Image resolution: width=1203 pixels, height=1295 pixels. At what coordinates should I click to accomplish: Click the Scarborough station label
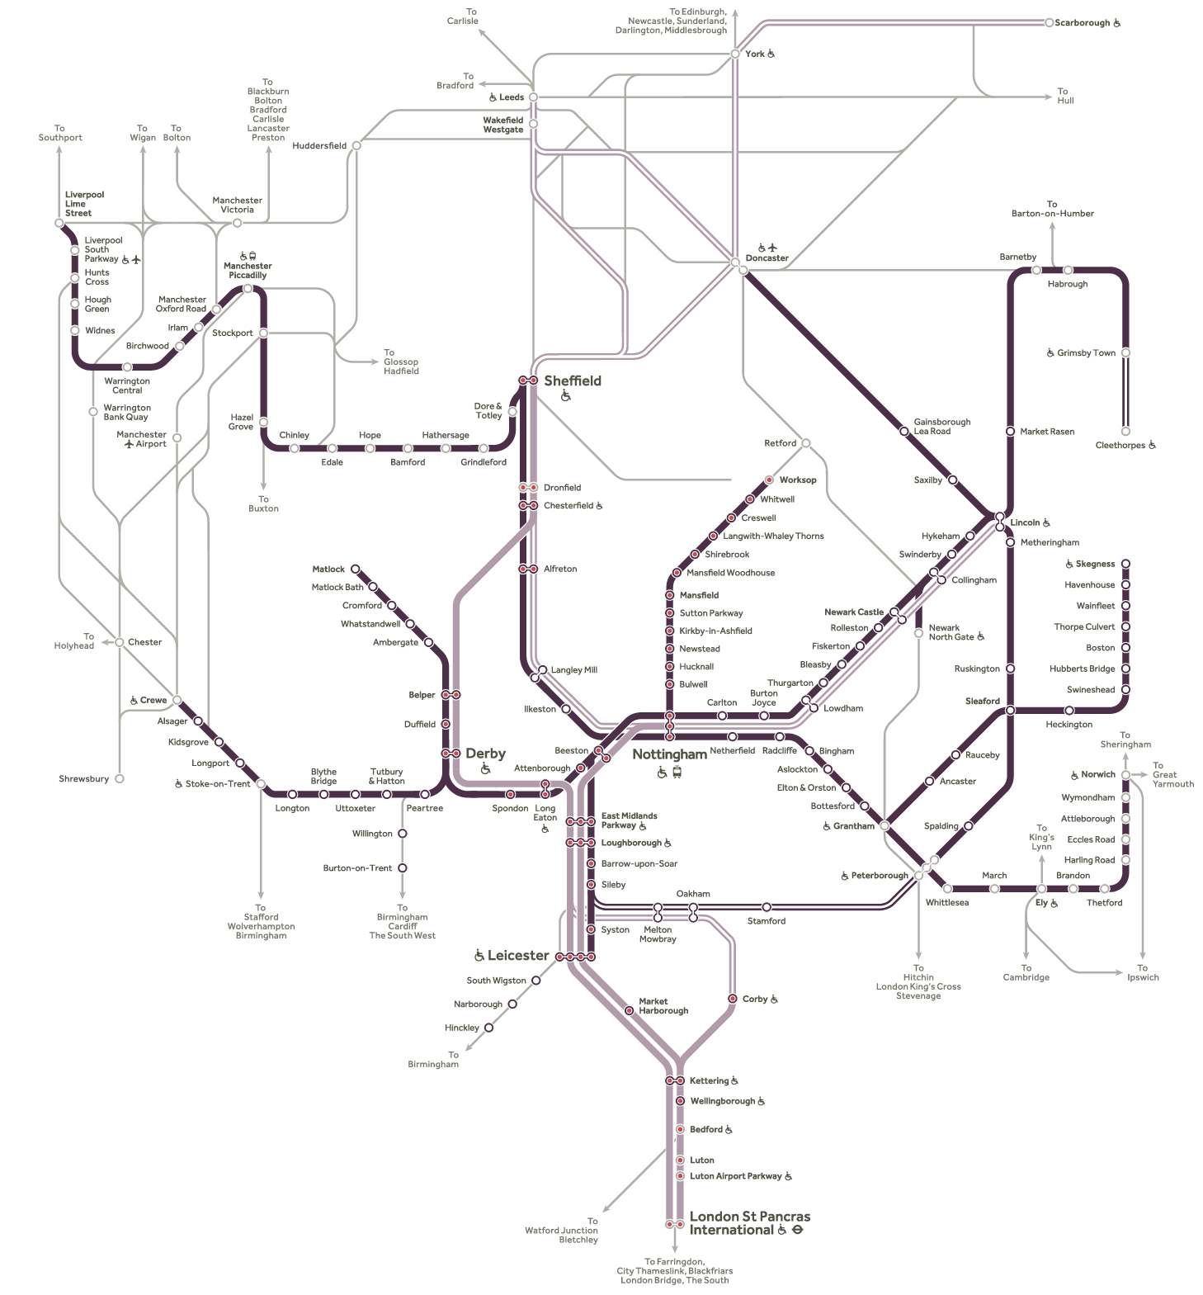[1082, 23]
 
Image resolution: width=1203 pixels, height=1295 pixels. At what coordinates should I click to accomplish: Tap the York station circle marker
[735, 54]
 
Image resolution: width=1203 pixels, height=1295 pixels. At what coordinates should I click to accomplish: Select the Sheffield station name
[572, 380]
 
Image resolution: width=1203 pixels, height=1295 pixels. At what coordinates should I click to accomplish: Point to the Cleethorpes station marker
[1125, 431]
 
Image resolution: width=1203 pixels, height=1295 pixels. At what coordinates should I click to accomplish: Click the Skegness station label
[1095, 564]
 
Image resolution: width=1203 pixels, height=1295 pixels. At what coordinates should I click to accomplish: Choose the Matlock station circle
[356, 569]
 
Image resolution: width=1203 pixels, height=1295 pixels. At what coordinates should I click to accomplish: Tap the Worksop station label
[797, 480]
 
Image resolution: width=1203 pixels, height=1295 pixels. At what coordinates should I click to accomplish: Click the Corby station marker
[733, 999]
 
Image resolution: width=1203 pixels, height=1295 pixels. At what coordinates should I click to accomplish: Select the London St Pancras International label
[749, 1222]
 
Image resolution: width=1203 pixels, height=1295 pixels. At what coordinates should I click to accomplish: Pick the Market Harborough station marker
[630, 1010]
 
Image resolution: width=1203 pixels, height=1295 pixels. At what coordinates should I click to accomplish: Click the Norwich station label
[1097, 774]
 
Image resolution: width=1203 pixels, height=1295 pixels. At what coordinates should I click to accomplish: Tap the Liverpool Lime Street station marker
[59, 224]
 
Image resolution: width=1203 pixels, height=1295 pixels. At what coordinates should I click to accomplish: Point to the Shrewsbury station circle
[120, 778]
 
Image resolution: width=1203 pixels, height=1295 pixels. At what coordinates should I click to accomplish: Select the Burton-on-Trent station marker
[403, 867]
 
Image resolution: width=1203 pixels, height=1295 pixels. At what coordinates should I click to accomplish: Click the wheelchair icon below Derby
[486, 769]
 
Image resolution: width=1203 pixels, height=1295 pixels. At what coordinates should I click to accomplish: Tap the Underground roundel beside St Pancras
[798, 1230]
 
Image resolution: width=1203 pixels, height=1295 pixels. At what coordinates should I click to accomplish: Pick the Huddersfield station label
[319, 146]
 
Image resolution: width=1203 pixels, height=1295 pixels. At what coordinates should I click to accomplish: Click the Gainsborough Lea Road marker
[904, 431]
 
